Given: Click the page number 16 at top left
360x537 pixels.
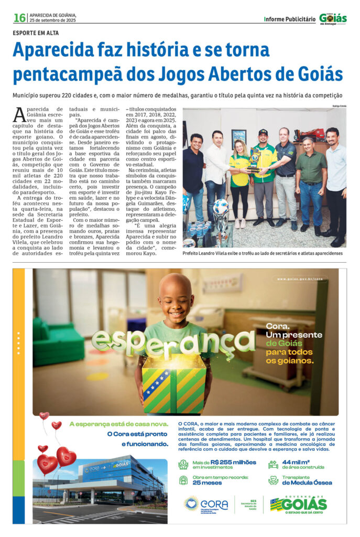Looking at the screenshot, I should [x=19, y=18].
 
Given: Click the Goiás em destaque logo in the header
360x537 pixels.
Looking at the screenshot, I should [x=333, y=18].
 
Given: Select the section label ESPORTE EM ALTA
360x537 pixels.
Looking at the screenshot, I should [x=36, y=33].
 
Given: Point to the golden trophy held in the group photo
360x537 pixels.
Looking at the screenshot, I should [x=254, y=160].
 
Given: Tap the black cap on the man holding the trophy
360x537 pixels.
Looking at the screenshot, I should [x=263, y=132].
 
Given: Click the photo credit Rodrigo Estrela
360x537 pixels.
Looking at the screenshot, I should [x=339, y=106].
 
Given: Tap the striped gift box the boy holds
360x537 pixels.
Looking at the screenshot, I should [x=174, y=383].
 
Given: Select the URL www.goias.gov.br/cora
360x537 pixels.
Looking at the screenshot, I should [x=302, y=278].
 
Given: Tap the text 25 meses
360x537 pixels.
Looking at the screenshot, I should [x=205, y=482].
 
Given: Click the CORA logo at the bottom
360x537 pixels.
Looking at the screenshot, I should [x=207, y=505].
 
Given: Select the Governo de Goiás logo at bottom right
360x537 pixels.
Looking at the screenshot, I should [x=299, y=505].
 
